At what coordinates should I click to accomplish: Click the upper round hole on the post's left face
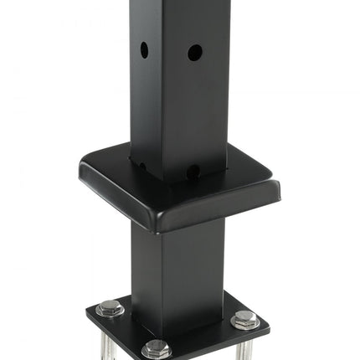pyautogui.click(x=144, y=49)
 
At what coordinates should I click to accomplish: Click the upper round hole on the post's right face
pyautogui.click(x=194, y=52)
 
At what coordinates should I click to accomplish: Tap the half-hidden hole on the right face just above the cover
pyautogui.click(x=193, y=171)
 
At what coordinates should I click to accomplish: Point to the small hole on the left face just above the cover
pyautogui.click(x=141, y=167)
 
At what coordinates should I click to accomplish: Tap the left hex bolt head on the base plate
pyautogui.click(x=110, y=308)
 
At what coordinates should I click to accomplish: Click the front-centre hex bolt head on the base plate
pyautogui.click(x=157, y=349)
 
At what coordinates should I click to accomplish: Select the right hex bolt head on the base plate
pyautogui.click(x=244, y=319)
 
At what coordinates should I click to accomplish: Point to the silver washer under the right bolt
pyautogui.click(x=244, y=325)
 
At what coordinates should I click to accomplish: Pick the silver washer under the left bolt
pyautogui.click(x=110, y=313)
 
